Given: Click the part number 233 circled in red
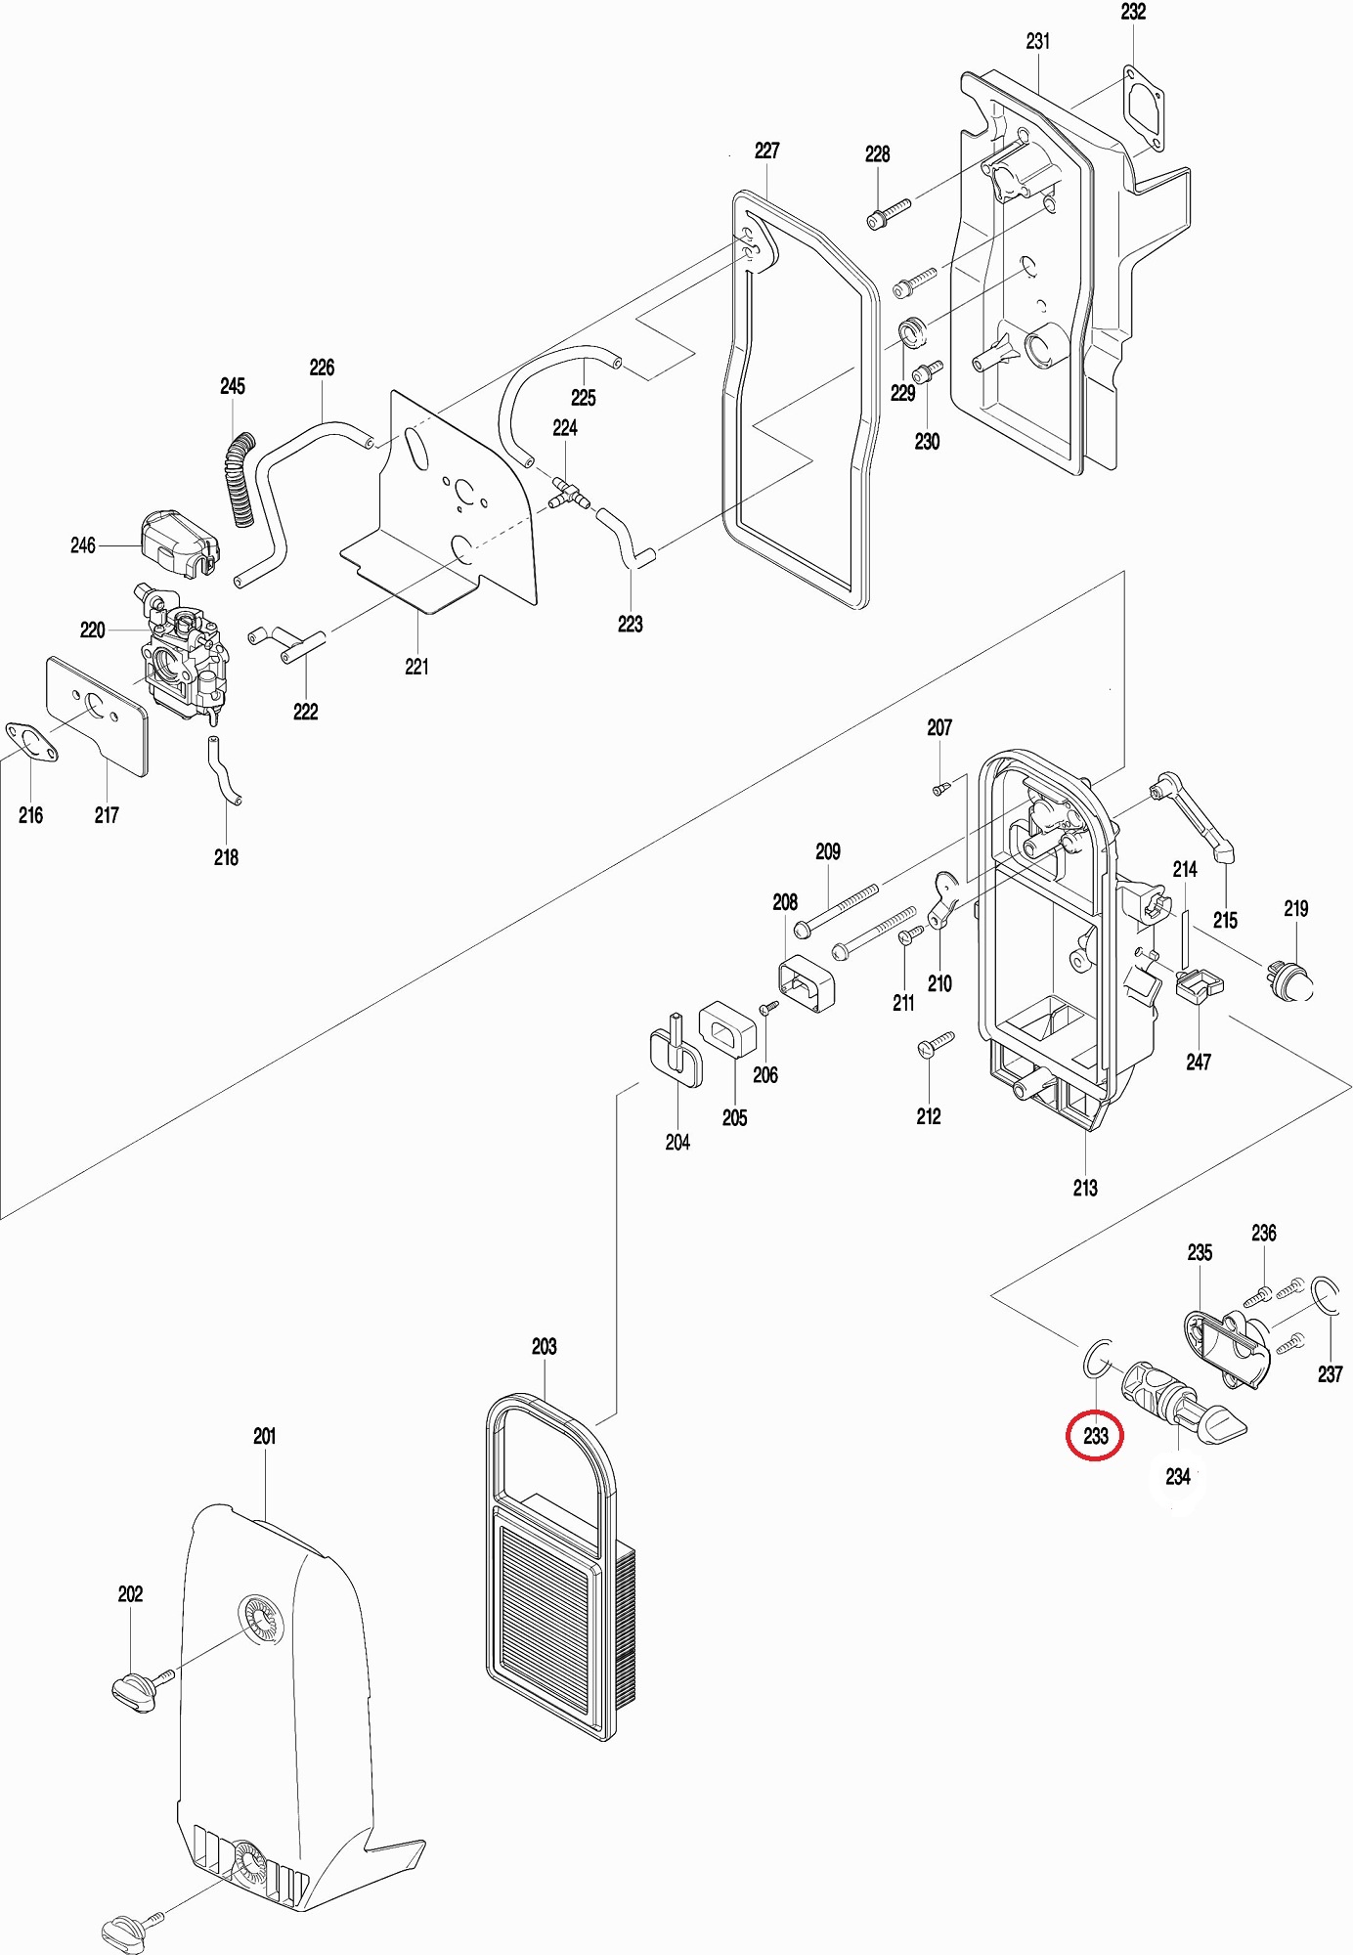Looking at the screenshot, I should click(1095, 1435).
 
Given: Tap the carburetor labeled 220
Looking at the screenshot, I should click(182, 659).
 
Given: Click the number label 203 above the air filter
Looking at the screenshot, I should click(544, 1347).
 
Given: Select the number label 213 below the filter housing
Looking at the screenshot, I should click(1085, 1188).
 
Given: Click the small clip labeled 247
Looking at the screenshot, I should click(1199, 987).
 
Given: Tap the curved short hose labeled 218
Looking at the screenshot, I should click(222, 771).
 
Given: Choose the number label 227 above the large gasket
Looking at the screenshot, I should click(767, 151).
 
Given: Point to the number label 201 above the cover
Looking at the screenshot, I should click(264, 1436).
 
